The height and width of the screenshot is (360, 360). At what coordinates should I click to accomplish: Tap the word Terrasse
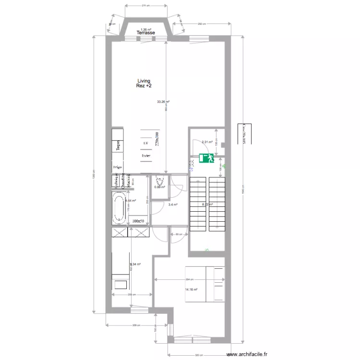pyautogui.click(x=144, y=33)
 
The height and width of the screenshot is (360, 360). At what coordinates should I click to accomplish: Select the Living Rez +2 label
pyautogui.click(x=144, y=84)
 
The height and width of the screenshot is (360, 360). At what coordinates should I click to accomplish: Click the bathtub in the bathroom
pyautogui.click(x=119, y=208)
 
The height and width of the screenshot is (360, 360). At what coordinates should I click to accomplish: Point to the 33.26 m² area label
pyautogui.click(x=163, y=102)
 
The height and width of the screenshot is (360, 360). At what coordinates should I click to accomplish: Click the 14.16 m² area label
pyautogui.click(x=192, y=290)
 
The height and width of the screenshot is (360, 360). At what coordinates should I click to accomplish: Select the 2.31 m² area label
pyautogui.click(x=207, y=142)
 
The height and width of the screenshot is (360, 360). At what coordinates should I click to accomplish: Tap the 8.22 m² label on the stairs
pyautogui.click(x=207, y=204)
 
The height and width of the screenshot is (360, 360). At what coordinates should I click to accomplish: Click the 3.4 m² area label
pyautogui.click(x=173, y=205)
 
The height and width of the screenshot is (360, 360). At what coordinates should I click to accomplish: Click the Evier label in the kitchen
pyautogui.click(x=146, y=156)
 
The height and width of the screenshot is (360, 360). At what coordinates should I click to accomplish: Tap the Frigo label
pyautogui.click(x=117, y=167)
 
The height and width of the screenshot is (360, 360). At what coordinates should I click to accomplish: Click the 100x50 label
pyautogui.click(x=139, y=221)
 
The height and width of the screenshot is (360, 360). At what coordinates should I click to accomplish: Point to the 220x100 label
pyautogui.click(x=156, y=139)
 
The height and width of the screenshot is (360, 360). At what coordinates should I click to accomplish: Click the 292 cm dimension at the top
pyautogui.click(x=202, y=24)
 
